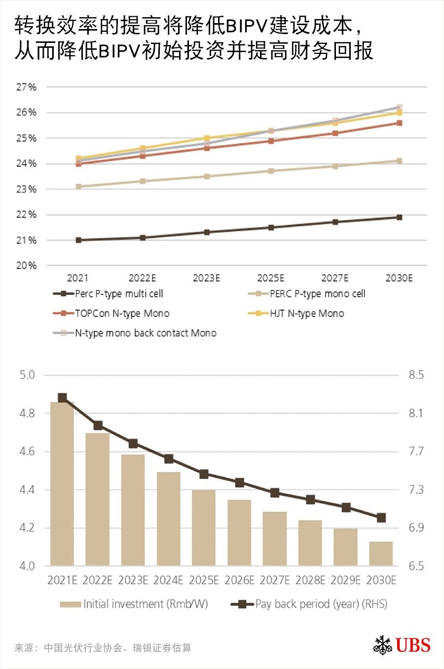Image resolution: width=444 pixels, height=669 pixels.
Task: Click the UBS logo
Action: pyautogui.click(x=402, y=645)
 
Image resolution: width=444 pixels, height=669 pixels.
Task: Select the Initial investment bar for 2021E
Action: pyautogui.click(x=62, y=483)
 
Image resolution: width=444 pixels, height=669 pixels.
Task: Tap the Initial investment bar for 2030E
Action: pyautogui.click(x=381, y=554)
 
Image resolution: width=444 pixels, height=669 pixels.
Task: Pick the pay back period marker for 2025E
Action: pyautogui.click(x=204, y=474)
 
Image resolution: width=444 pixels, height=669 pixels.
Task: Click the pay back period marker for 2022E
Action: pyautogui.click(x=98, y=425)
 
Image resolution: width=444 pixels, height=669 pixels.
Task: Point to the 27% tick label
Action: pyautogui.click(x=27, y=87)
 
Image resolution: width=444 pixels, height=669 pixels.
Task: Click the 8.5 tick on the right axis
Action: pyautogui.click(x=416, y=375)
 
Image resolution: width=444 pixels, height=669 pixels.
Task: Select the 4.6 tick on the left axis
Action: pyautogui.click(x=27, y=452)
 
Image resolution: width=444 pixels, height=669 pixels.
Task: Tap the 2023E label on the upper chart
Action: pyautogui.click(x=206, y=278)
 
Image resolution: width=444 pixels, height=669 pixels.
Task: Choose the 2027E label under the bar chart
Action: pyautogui.click(x=275, y=580)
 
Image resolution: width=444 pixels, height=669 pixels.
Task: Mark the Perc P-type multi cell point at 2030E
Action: pyautogui.click(x=399, y=217)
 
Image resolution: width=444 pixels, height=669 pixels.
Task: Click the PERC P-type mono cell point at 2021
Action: pyautogui.click(x=78, y=187)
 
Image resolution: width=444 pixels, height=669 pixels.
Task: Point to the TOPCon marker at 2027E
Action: pyautogui.click(x=335, y=133)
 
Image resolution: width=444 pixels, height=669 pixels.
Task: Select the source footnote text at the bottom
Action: pyautogui.click(x=103, y=648)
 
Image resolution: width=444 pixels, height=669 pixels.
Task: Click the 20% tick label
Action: pyautogui.click(x=27, y=266)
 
